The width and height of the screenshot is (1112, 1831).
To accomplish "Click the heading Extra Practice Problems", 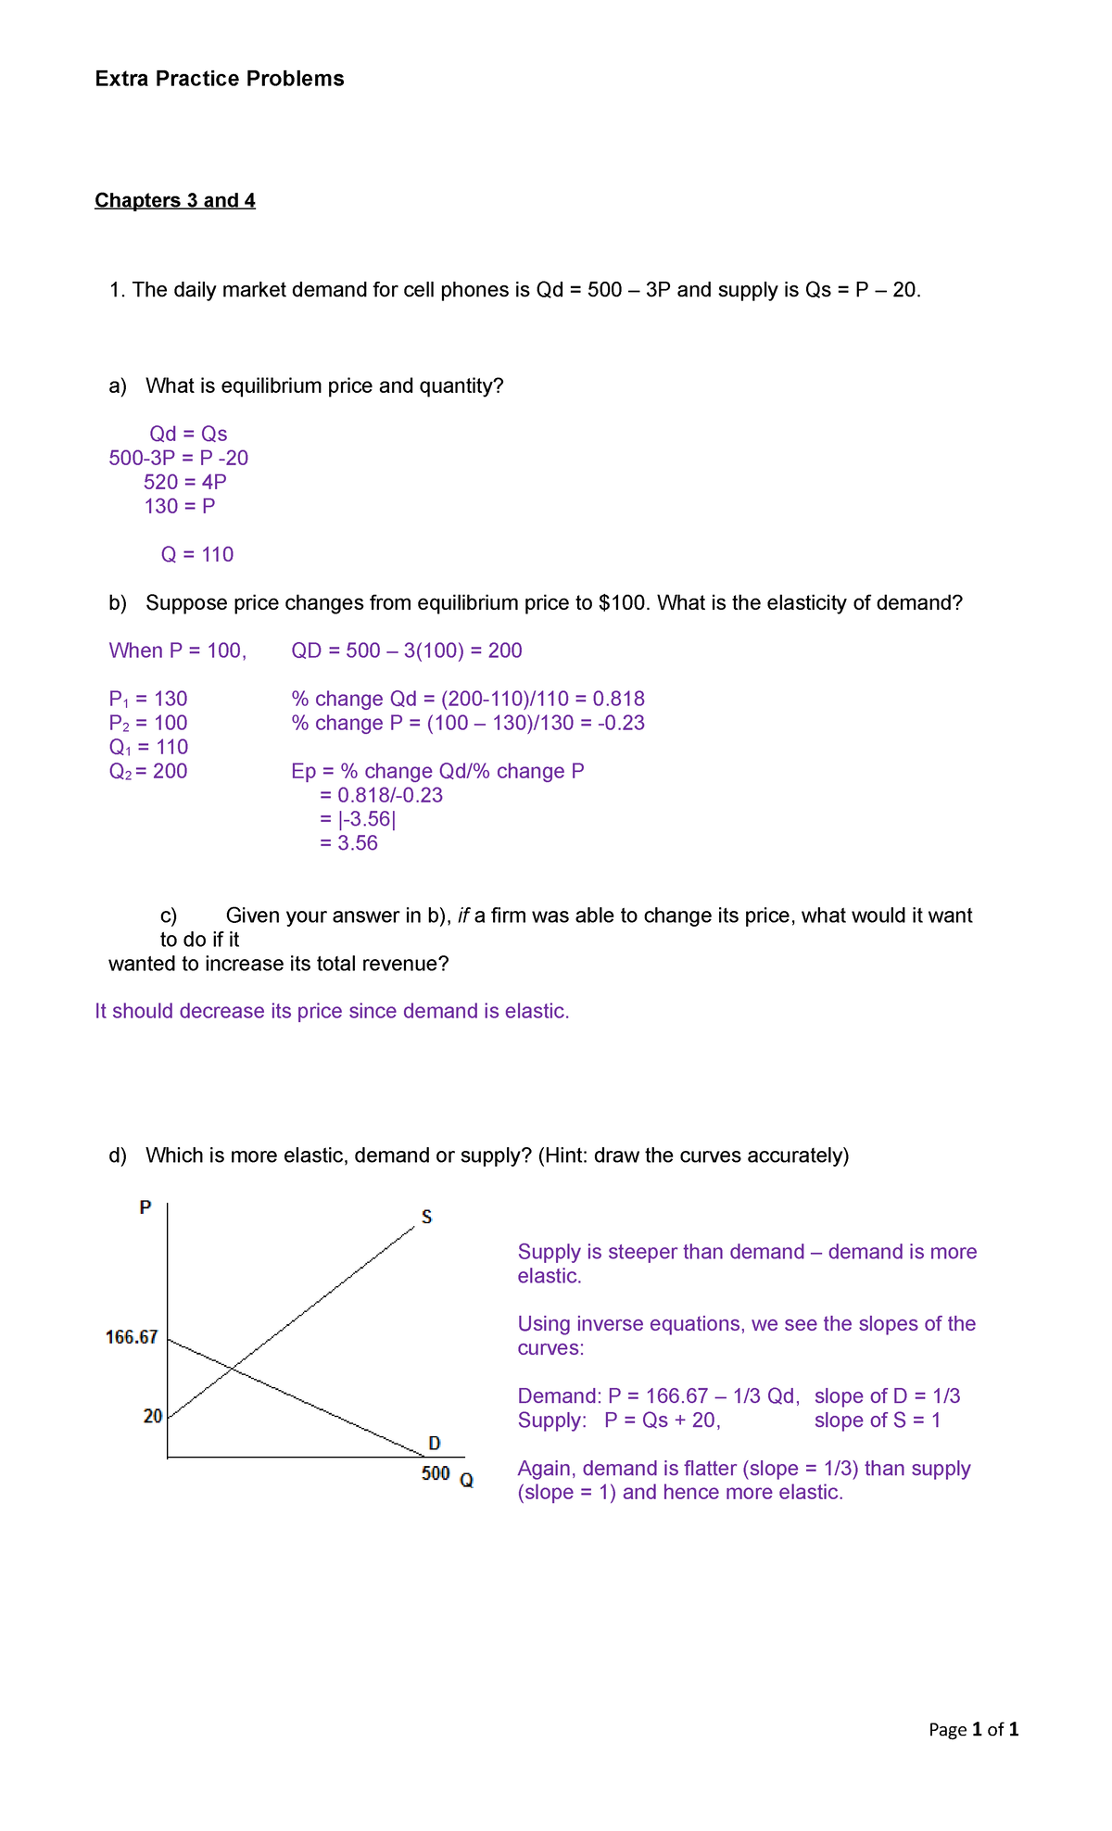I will pos(220,79).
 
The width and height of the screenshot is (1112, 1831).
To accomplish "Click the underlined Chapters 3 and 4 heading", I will pos(175,201).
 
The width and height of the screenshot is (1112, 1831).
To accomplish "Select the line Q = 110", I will pos(197,554).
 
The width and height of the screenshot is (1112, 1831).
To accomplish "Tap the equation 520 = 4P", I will pos(185,482).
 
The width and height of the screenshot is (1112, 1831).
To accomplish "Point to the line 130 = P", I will pos(180,506).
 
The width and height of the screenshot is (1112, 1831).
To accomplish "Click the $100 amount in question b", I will pos(625,603).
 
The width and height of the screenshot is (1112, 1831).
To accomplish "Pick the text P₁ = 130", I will pos(148,699).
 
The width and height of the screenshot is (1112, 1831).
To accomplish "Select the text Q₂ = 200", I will pos(148,771).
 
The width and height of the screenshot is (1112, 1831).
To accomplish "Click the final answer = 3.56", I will pos(348,843).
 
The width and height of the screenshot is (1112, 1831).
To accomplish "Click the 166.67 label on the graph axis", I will pos(132,1337).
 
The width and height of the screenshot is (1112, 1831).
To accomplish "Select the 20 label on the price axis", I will pos(153,1416).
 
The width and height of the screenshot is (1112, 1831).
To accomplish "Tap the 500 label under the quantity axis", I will pos(436,1473).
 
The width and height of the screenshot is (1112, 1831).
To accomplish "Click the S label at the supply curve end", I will pos(426,1217).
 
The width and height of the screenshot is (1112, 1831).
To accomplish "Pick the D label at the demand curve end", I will pos(435,1444).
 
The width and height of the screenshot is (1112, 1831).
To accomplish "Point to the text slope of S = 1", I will pos(878,1421).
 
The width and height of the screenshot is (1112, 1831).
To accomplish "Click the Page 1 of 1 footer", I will pos(973,1729).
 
